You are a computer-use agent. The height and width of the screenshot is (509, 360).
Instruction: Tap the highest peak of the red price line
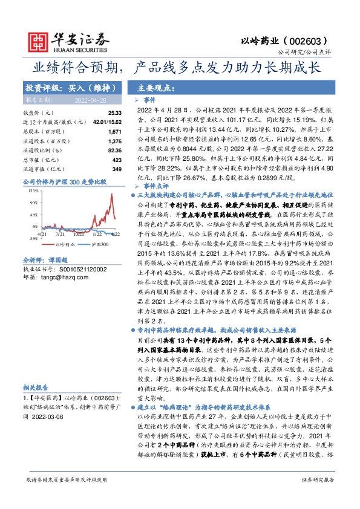click(112, 194)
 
